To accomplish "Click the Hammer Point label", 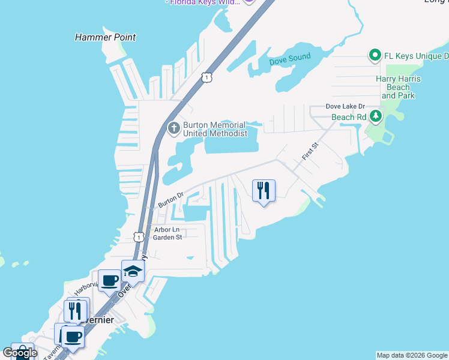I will (x=105, y=37).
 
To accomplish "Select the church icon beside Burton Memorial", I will (x=174, y=128).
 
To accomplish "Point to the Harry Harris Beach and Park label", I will (x=398, y=87).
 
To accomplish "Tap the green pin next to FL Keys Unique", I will (x=375, y=56).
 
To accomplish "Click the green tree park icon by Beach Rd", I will (x=376, y=115).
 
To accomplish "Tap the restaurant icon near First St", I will (x=264, y=190).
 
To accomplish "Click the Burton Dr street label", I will (x=170, y=200).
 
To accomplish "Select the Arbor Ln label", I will (x=166, y=229).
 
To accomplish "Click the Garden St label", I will (x=167, y=237).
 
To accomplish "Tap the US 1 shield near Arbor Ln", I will (x=139, y=237).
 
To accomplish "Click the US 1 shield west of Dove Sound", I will (x=207, y=77).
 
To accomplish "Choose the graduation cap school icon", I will (x=133, y=272).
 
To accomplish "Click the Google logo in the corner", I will (x=20, y=352).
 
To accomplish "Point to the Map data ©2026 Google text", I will (x=412, y=355).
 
